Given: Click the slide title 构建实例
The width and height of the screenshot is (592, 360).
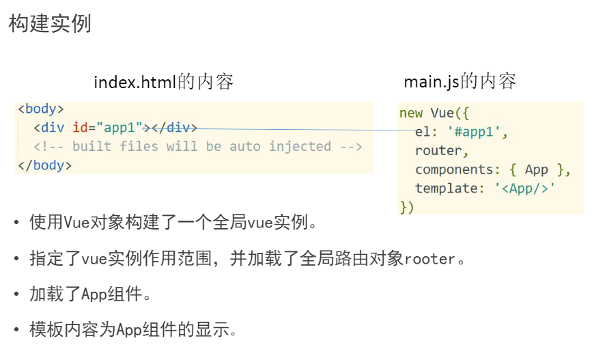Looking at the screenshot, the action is [50, 25].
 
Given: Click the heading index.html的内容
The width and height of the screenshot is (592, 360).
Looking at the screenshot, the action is [164, 83].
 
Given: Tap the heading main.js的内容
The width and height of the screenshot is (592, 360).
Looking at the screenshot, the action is [460, 82].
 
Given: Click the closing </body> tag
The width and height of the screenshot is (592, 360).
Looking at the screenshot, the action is [44, 165].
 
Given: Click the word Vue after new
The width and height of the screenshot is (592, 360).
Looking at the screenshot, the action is [445, 113].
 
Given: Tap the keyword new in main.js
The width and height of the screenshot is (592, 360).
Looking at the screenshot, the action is [411, 113].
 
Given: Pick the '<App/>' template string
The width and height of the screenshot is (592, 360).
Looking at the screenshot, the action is [524, 188].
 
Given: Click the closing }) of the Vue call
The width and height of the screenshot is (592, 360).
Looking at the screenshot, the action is [407, 206].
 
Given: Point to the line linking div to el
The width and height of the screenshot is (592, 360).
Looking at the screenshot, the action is [300, 129].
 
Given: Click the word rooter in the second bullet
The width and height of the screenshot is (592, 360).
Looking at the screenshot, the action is [429, 260].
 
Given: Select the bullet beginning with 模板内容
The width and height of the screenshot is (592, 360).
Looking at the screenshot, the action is [133, 330].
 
